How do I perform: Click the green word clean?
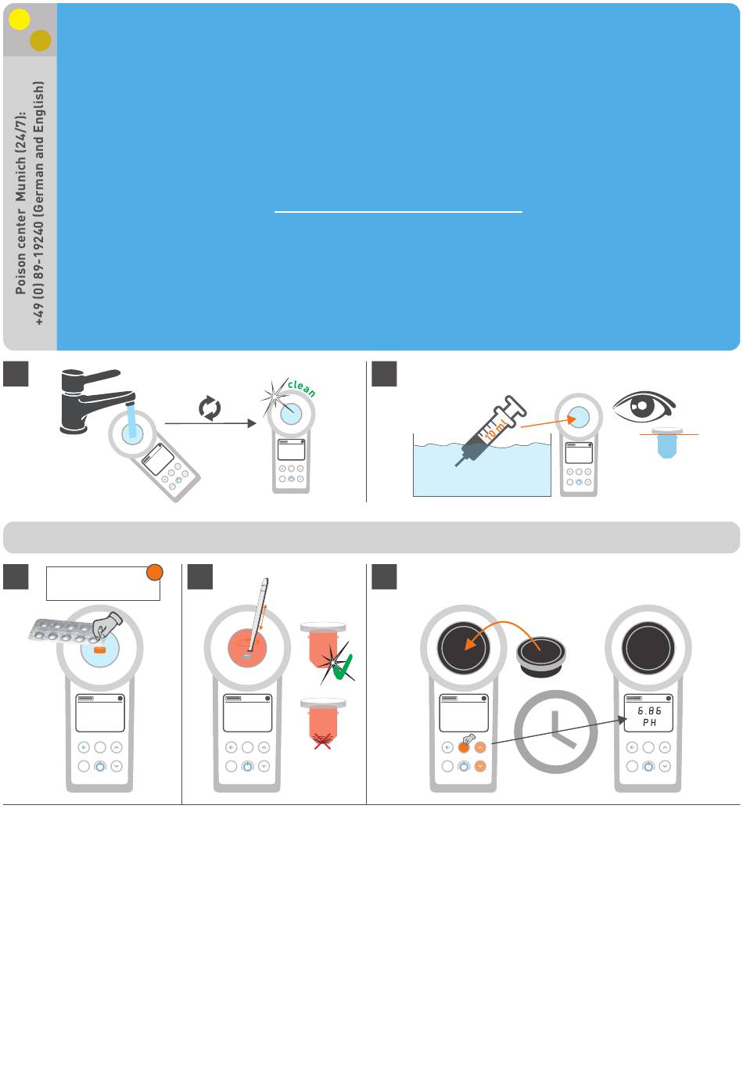(x=302, y=388)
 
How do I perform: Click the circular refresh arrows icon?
(x=210, y=408)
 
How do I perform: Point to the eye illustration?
(x=644, y=407)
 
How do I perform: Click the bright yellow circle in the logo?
(x=20, y=20)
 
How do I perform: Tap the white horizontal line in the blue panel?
(x=398, y=211)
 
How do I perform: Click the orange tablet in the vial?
(x=99, y=650)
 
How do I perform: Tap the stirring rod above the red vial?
(x=258, y=614)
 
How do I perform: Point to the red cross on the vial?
(x=322, y=742)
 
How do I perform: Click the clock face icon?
(x=556, y=732)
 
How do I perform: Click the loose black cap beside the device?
(x=541, y=656)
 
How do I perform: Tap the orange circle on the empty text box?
(x=154, y=572)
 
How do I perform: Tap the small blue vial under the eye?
(x=666, y=443)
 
